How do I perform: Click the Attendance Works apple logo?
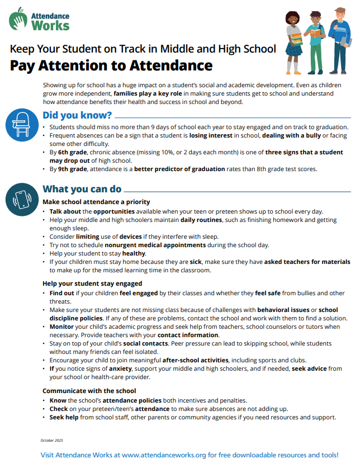click(18, 20)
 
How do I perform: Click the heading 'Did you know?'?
click(77, 116)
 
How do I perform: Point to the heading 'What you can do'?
click(82, 189)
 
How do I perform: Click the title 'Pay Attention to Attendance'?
click(111, 66)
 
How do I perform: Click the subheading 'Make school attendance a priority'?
click(96, 201)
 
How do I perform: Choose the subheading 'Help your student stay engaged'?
click(92, 283)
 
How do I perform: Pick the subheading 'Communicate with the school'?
click(89, 390)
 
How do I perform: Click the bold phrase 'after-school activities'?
click(194, 360)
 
